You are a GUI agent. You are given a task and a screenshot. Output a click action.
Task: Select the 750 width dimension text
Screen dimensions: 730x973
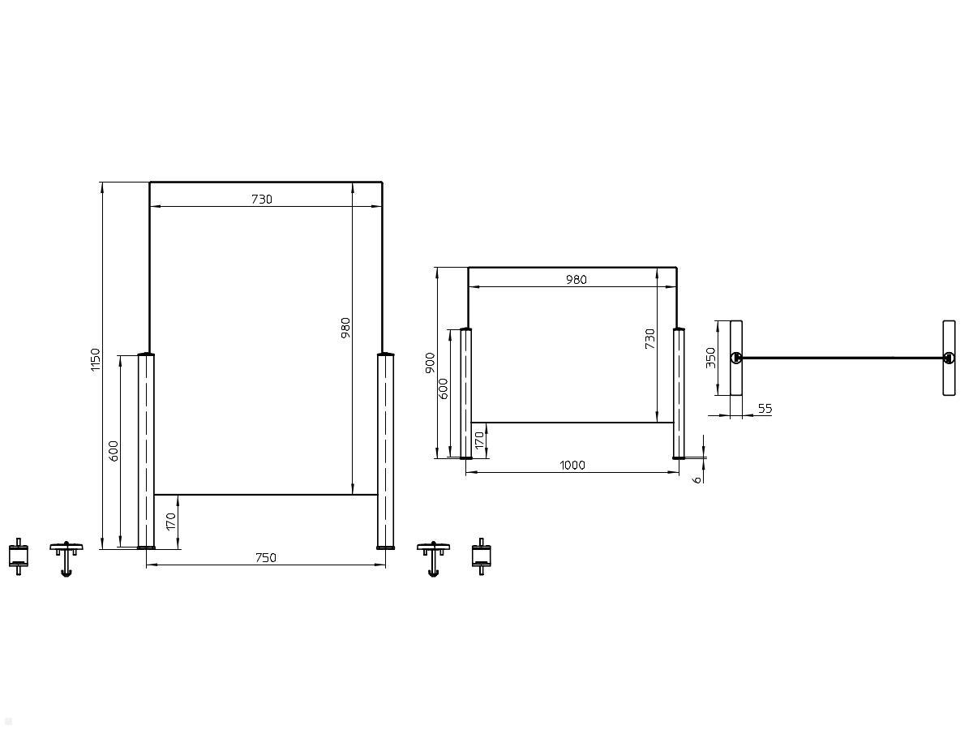point(266,557)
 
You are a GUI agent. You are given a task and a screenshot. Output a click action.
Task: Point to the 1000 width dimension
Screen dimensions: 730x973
point(572,465)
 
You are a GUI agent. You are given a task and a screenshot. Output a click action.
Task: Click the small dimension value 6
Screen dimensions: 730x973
point(697,479)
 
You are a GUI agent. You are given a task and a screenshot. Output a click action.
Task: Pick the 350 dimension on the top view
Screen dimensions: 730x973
point(710,358)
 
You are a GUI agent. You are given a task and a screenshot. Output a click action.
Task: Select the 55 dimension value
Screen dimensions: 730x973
point(764,409)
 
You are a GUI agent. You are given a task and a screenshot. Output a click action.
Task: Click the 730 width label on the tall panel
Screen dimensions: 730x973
point(261,199)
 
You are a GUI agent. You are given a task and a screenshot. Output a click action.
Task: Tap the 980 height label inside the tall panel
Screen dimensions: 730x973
point(345,328)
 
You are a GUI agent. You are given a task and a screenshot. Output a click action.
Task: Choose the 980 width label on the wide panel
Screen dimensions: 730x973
point(576,280)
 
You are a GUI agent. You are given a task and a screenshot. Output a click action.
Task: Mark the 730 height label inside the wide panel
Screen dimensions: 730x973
point(649,340)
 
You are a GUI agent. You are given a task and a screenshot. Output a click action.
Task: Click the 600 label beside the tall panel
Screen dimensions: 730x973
point(114,451)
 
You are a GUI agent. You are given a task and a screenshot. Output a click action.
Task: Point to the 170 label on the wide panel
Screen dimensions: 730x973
point(479,440)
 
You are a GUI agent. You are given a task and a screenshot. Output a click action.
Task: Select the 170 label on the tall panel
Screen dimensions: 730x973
point(170,522)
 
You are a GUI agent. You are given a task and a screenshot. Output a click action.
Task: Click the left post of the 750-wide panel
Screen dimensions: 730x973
point(145,451)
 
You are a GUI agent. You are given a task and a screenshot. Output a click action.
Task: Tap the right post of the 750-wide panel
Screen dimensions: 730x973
point(385,451)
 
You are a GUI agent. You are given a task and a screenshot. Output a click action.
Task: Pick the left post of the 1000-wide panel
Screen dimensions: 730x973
point(465,393)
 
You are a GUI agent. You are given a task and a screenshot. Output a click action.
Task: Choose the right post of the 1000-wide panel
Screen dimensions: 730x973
point(679,393)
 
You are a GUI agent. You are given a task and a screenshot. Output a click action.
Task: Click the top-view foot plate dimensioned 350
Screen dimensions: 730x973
point(736,358)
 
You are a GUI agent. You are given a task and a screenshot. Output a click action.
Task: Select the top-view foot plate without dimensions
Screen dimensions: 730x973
point(949,358)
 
